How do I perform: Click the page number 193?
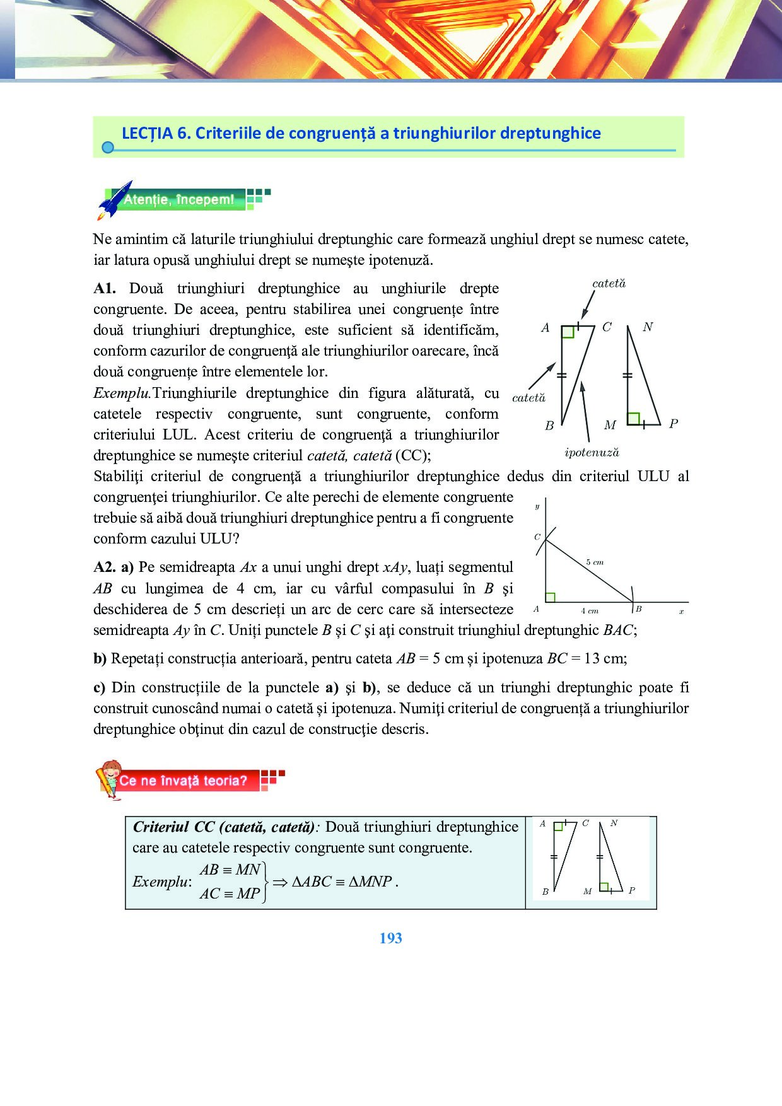coord(390,938)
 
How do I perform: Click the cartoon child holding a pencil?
coord(109,780)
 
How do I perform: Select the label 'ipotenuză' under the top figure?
coord(592,453)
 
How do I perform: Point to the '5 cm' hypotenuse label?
coord(594,562)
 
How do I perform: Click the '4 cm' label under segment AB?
coord(589,610)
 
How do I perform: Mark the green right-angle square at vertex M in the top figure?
coord(634,418)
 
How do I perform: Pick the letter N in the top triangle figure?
coord(648,327)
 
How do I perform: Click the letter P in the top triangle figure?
coord(674,424)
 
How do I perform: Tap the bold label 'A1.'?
coord(105,289)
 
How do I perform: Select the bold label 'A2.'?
coord(105,568)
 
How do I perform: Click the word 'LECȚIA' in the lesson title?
coord(147,133)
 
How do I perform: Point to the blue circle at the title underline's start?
coord(108,148)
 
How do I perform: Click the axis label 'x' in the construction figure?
coord(682,611)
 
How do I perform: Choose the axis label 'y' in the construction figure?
coord(537,506)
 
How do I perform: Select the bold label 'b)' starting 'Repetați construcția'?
coord(100,659)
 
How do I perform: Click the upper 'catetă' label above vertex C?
coord(609,284)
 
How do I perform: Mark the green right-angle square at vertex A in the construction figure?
coord(551,597)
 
